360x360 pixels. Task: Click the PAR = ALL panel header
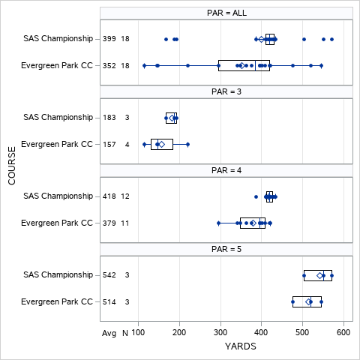[226, 13]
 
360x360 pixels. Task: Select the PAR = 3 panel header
[226, 91]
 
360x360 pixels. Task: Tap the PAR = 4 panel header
[226, 170]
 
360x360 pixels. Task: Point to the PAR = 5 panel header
[226, 249]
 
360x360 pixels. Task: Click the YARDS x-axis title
[241, 347]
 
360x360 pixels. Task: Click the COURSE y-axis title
[11, 166]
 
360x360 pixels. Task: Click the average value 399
[109, 39]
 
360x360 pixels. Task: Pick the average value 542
[109, 275]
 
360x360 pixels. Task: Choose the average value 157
[109, 144]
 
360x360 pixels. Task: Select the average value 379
[109, 223]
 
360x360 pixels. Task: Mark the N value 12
[125, 196]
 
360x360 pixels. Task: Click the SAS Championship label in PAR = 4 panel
[58, 196]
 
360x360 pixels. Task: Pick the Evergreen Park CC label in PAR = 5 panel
[57, 301]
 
